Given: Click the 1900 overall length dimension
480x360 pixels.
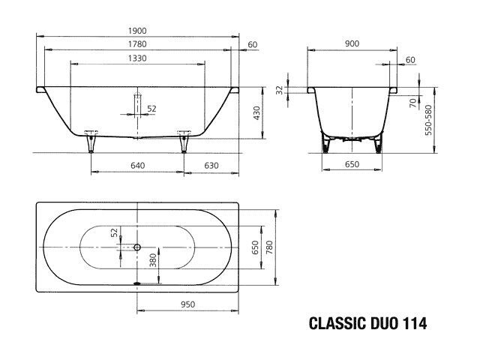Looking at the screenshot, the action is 137,31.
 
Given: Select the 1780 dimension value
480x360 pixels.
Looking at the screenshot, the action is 137,44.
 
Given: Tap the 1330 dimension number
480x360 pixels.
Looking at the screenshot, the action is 137,58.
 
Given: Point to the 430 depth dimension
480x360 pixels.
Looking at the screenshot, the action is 256,113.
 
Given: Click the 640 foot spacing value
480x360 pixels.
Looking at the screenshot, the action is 138,166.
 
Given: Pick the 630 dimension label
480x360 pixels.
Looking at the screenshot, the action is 211,166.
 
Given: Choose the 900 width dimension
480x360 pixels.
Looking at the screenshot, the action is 352,43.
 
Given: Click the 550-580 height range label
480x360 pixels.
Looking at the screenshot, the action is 428,120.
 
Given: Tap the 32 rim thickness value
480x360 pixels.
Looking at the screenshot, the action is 279,90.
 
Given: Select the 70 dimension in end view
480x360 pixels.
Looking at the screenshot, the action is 413,103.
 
